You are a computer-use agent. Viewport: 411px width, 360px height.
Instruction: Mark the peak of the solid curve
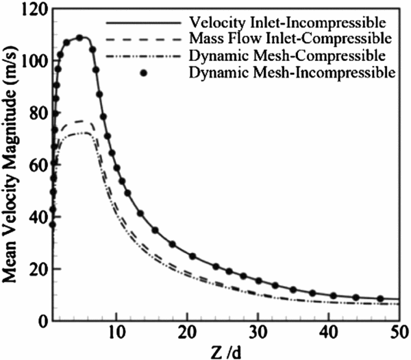pos(80,37)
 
